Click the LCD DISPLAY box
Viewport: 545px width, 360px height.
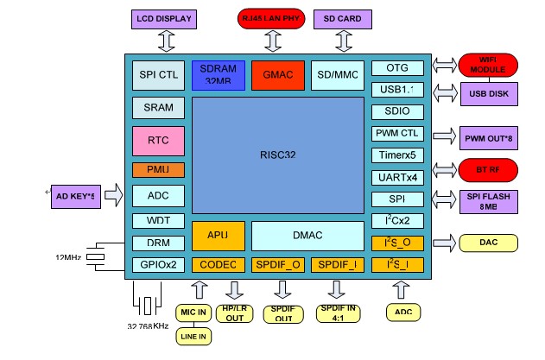coord(165,18)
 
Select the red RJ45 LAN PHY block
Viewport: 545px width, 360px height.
coord(272,18)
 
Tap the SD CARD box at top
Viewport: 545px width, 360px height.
coord(343,18)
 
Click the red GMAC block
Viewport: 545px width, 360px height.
coord(272,75)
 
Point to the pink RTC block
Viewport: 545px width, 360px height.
coord(158,139)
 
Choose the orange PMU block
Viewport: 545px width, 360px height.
coord(158,170)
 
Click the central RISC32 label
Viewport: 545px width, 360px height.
coord(276,155)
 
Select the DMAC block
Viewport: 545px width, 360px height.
coord(307,235)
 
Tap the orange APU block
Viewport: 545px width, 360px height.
coord(218,235)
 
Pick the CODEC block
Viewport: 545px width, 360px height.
coord(218,264)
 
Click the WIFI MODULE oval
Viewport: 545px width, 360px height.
coord(488,64)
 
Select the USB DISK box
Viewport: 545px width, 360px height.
coord(489,93)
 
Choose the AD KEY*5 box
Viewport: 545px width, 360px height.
coord(76,196)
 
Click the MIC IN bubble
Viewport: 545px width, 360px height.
coord(193,313)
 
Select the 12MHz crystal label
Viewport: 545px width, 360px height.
coord(67,257)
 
